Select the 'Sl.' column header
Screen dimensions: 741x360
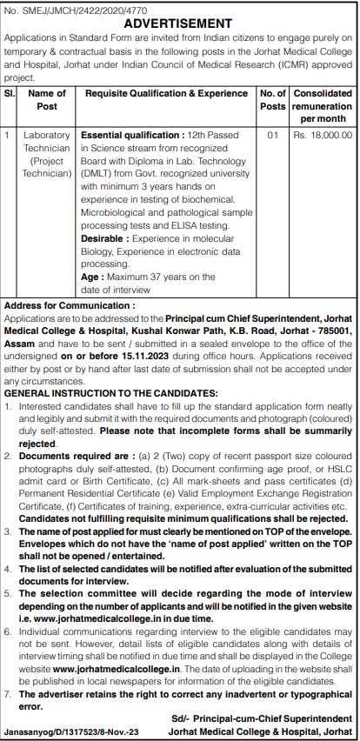click(10, 93)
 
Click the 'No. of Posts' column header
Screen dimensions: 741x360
click(273, 99)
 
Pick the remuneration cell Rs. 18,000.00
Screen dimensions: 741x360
click(323, 136)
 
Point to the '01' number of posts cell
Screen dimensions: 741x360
click(273, 136)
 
